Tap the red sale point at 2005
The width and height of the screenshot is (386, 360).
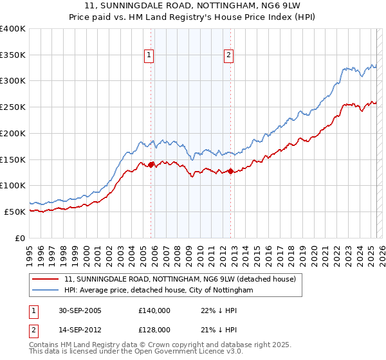pos(151,165)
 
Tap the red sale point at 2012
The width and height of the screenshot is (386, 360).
pos(230,171)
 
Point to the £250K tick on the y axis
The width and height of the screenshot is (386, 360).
pos(13,107)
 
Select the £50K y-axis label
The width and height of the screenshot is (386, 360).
pos(15,212)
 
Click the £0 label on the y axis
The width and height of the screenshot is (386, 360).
pos(21,238)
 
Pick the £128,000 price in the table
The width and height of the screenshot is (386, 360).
pos(154,329)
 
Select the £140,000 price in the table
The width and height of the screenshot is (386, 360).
pos(154,310)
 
